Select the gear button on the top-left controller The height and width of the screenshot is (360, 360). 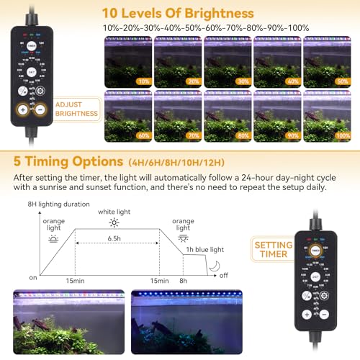pyautogui.click(x=41, y=91)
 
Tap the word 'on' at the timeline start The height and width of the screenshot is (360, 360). pyautogui.click(x=32, y=278)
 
